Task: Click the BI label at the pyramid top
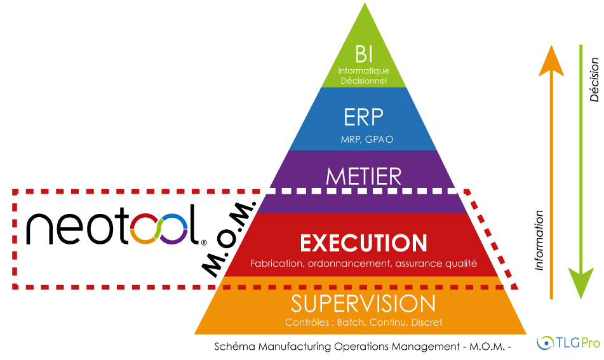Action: click(363, 53)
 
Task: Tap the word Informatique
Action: click(363, 71)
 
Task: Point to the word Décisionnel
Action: click(363, 81)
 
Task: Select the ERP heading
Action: click(363, 117)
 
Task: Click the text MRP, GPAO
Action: click(363, 138)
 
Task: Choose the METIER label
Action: click(363, 176)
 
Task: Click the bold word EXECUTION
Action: click(363, 243)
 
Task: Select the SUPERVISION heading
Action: click(363, 303)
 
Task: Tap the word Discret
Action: click(426, 323)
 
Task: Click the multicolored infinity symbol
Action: click(159, 229)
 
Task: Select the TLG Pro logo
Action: click(568, 343)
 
